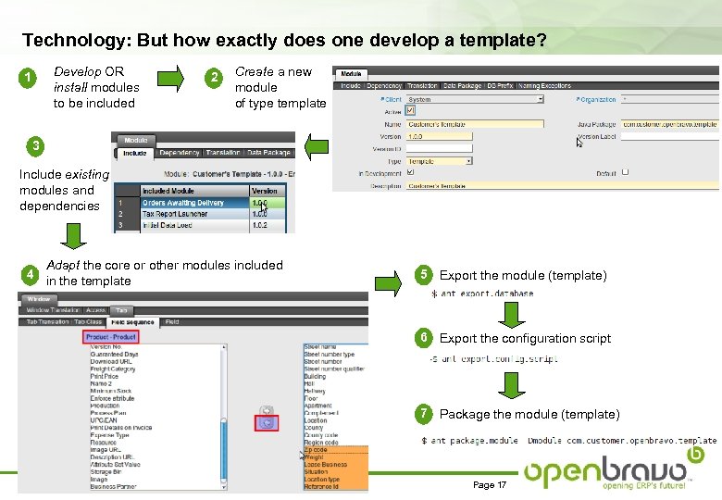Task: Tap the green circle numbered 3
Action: pyautogui.click(x=35, y=144)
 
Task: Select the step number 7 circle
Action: pyautogui.click(x=423, y=413)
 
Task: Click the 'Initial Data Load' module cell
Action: pyautogui.click(x=193, y=225)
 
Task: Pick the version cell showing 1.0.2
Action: pyautogui.click(x=266, y=225)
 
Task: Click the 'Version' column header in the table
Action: pyautogui.click(x=266, y=191)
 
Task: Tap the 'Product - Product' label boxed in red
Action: pyautogui.click(x=110, y=337)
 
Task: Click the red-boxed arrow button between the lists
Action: pyautogui.click(x=266, y=423)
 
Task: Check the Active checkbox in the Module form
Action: pyautogui.click(x=411, y=110)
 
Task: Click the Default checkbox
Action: pyautogui.click(x=626, y=172)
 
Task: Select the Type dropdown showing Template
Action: pyautogui.click(x=440, y=160)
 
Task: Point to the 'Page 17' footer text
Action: pyautogui.click(x=490, y=485)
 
